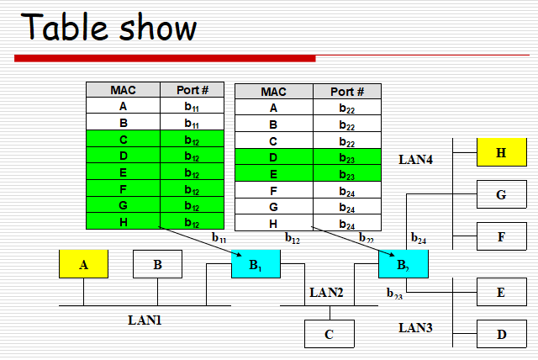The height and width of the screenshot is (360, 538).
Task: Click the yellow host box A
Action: coord(83,264)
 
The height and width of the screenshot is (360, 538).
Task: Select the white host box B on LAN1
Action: coord(157,264)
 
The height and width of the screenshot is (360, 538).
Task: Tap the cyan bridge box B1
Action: coord(256,264)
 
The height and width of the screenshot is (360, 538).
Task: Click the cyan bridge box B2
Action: coord(403,264)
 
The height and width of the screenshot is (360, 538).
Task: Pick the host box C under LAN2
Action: coord(330,334)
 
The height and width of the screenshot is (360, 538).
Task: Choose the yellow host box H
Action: coord(501,152)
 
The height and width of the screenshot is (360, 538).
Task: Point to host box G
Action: coord(501,194)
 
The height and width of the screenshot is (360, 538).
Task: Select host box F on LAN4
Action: coord(501,236)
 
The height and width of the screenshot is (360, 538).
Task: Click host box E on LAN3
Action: coord(501,292)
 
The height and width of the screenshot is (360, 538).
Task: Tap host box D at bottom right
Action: coord(501,333)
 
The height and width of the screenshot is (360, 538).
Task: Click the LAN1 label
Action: coord(145,320)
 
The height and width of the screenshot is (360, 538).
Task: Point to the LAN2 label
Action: coord(327,293)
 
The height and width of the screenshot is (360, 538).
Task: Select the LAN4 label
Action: coord(415,158)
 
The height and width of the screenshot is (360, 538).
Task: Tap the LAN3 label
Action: coord(415,326)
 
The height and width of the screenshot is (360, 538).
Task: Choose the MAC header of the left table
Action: coord(124,90)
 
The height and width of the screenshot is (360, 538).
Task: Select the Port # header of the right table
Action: coord(347,92)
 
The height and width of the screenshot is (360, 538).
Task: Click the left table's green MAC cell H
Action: coord(124,221)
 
